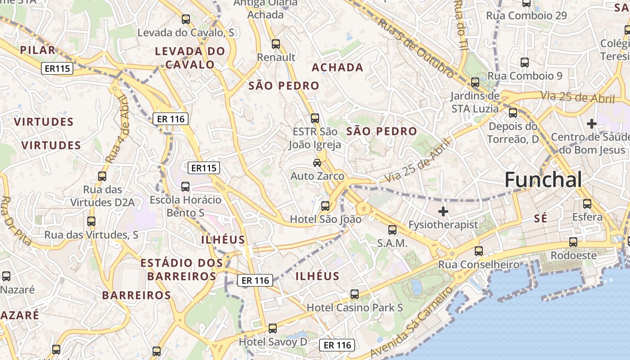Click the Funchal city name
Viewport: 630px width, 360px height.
(x=543, y=180)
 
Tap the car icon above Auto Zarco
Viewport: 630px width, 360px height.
(x=317, y=163)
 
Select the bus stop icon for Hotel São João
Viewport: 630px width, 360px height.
(x=325, y=206)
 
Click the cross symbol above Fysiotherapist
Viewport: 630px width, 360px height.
(x=443, y=211)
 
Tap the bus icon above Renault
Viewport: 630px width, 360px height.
(x=276, y=44)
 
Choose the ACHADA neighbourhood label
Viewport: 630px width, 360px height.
(x=337, y=67)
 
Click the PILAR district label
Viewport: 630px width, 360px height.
(x=38, y=50)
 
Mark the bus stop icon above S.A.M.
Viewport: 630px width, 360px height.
(x=392, y=230)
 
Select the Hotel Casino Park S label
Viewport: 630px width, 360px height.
(x=355, y=308)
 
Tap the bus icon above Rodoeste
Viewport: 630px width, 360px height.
(x=573, y=242)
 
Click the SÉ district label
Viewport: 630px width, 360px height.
(x=540, y=219)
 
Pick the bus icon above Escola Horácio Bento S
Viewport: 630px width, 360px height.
(x=185, y=187)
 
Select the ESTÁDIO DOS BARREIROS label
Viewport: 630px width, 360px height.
(x=182, y=270)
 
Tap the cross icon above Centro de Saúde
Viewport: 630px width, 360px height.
(x=592, y=123)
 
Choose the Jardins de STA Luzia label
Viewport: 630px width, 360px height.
(x=475, y=102)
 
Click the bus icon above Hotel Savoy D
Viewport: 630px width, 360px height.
(x=273, y=328)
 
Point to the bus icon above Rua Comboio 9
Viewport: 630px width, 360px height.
(x=525, y=63)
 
